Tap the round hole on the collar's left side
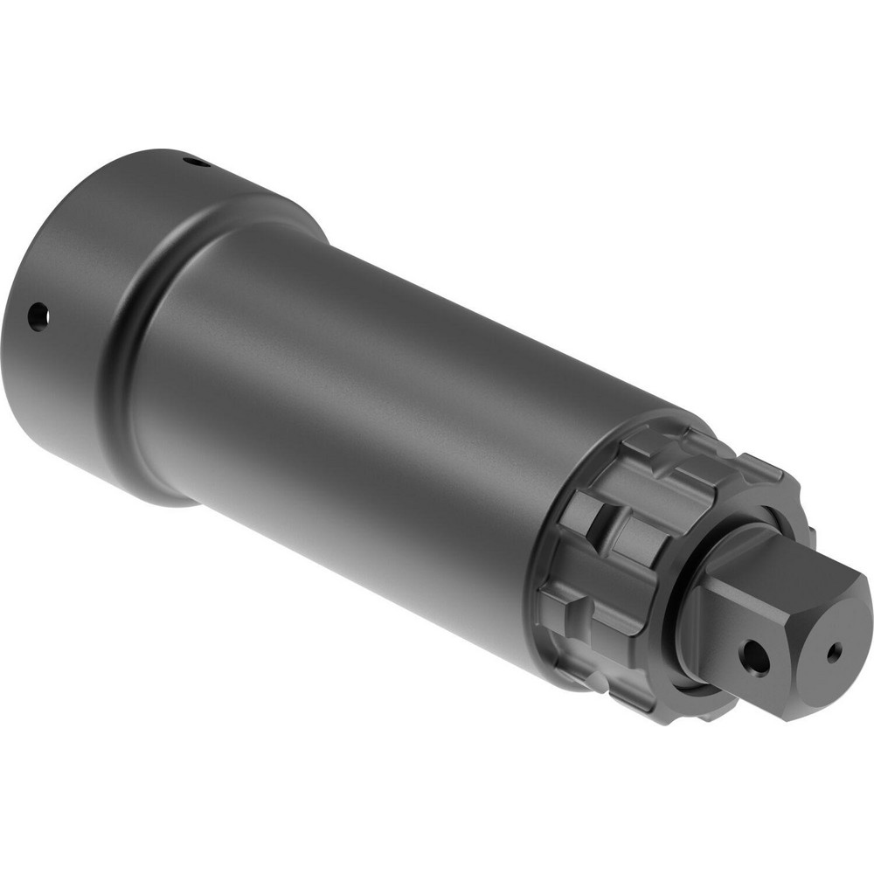(38, 316)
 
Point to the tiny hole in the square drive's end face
(835, 651)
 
